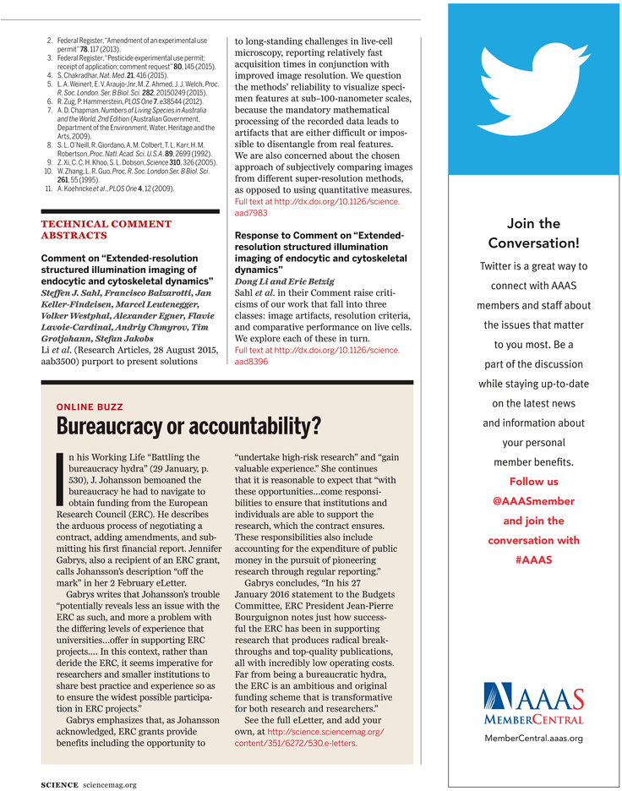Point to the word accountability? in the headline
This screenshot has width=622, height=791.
(x=259, y=425)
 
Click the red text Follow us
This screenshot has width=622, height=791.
(x=533, y=482)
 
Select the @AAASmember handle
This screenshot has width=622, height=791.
(x=533, y=501)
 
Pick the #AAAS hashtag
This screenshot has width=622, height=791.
(x=533, y=559)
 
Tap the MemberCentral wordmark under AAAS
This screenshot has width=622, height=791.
(x=533, y=719)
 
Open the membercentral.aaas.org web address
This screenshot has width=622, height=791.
(x=533, y=738)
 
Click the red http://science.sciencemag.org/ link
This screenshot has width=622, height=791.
(x=325, y=731)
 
